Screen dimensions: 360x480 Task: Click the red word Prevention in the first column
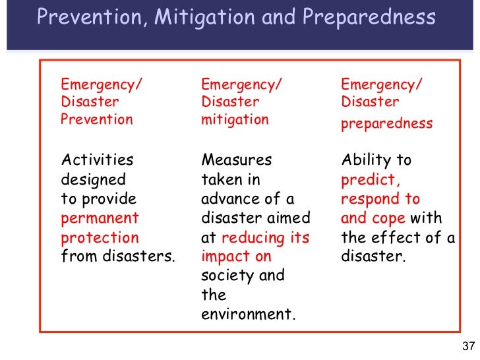[x=96, y=120]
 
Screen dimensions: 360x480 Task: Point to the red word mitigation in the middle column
[x=235, y=120]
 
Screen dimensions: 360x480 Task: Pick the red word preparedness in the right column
[x=386, y=123]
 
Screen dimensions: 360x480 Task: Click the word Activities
[x=96, y=160]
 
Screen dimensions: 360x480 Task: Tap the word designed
[x=93, y=179]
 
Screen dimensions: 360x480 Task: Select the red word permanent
[x=100, y=218]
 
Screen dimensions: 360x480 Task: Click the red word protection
[x=100, y=237]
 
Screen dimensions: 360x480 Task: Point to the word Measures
[x=236, y=160]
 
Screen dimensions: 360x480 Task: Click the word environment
[x=248, y=315]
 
